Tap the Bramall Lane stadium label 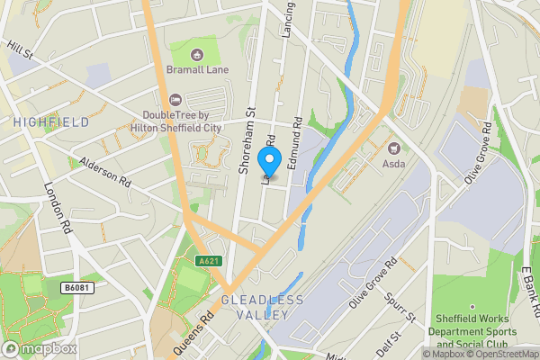click(197, 69)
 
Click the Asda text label click(393, 164)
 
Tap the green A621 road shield click(208, 260)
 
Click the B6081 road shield click(77, 287)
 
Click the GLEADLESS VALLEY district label click(263, 307)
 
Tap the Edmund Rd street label click(292, 140)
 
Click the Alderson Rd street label click(106, 169)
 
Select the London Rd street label click(58, 208)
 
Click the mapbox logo click(40, 348)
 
